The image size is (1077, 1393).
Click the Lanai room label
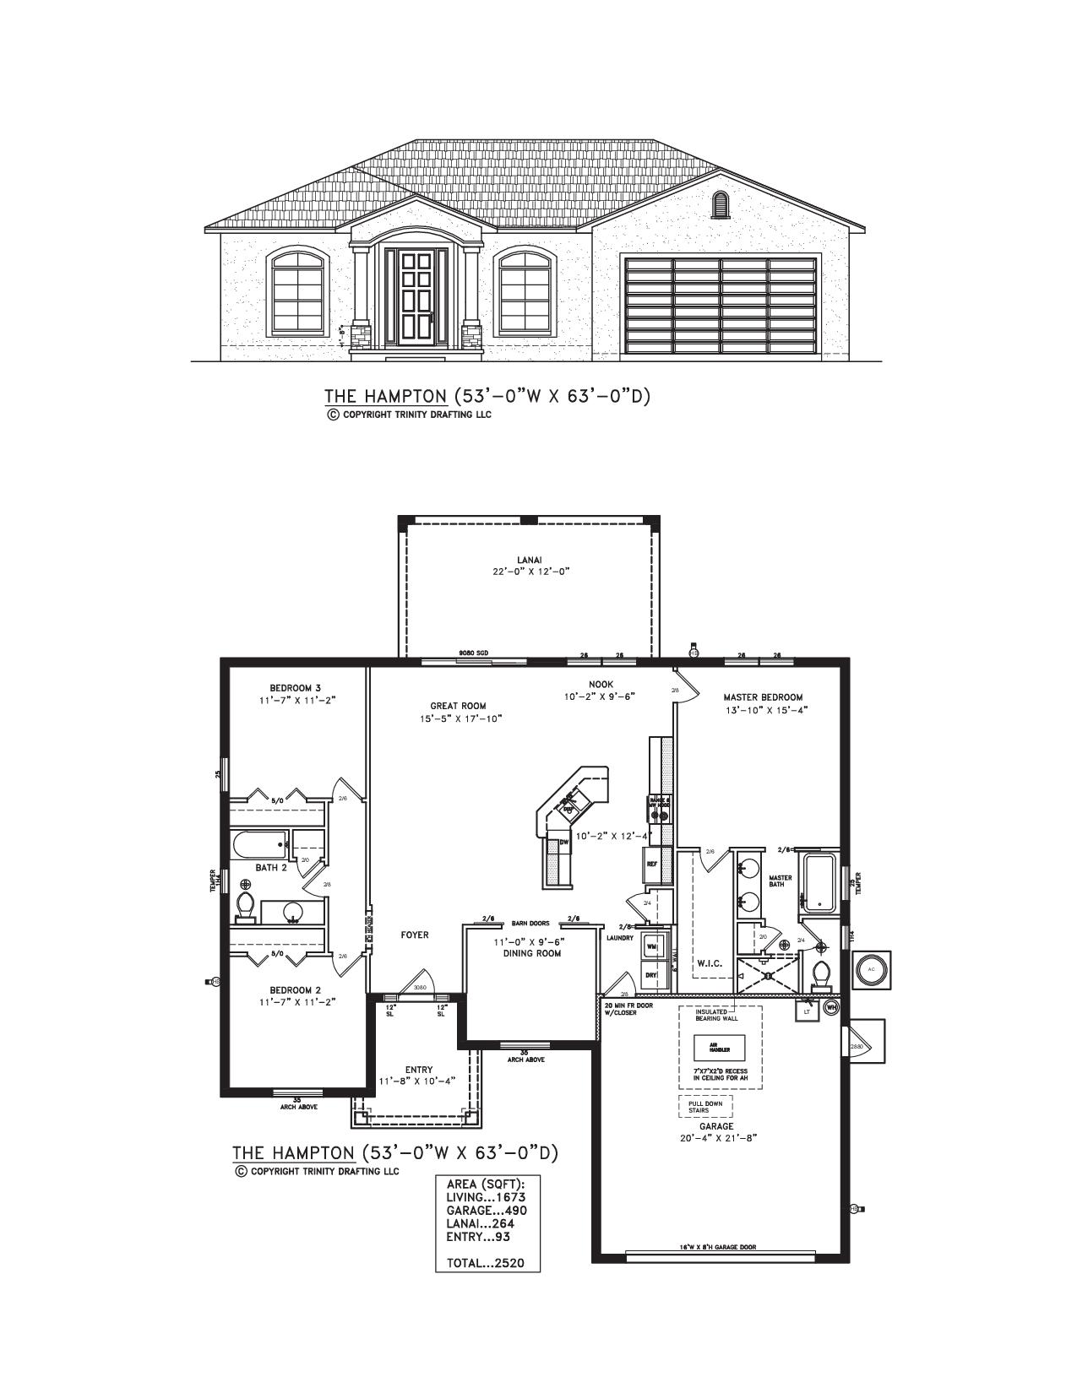coord(530,559)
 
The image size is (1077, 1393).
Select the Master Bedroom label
coord(763,697)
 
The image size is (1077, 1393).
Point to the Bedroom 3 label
coord(290,688)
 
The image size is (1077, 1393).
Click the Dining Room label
coord(532,953)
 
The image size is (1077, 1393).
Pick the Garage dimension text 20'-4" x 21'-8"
coord(715,1138)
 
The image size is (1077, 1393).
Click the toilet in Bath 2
coord(246,904)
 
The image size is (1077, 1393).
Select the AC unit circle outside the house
coord(871,969)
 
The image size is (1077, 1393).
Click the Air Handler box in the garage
coord(719,1049)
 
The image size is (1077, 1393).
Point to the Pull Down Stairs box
coord(704,1106)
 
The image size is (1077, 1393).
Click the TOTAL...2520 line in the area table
coord(486,1263)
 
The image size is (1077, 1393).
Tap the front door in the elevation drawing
coord(415,300)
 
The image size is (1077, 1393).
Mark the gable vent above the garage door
coord(721,203)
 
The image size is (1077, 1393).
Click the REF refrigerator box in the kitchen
coord(652,865)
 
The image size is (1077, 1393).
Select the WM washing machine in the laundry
coord(652,947)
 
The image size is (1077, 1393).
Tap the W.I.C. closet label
coord(710,962)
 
